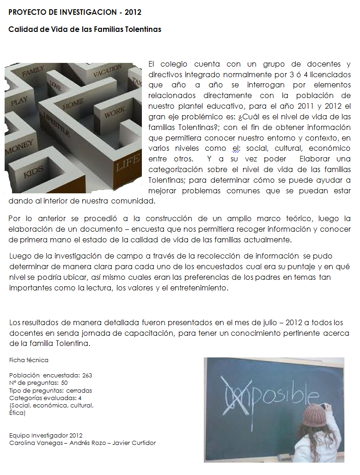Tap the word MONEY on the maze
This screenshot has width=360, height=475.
(19, 151)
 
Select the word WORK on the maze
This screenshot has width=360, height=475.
(114, 112)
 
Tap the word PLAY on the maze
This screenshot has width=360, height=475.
(19, 100)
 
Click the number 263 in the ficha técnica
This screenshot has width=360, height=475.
(87, 375)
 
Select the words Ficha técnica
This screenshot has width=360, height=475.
(29, 360)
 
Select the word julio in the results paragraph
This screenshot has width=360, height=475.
(253, 322)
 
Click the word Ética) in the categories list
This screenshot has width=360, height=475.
(17, 413)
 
